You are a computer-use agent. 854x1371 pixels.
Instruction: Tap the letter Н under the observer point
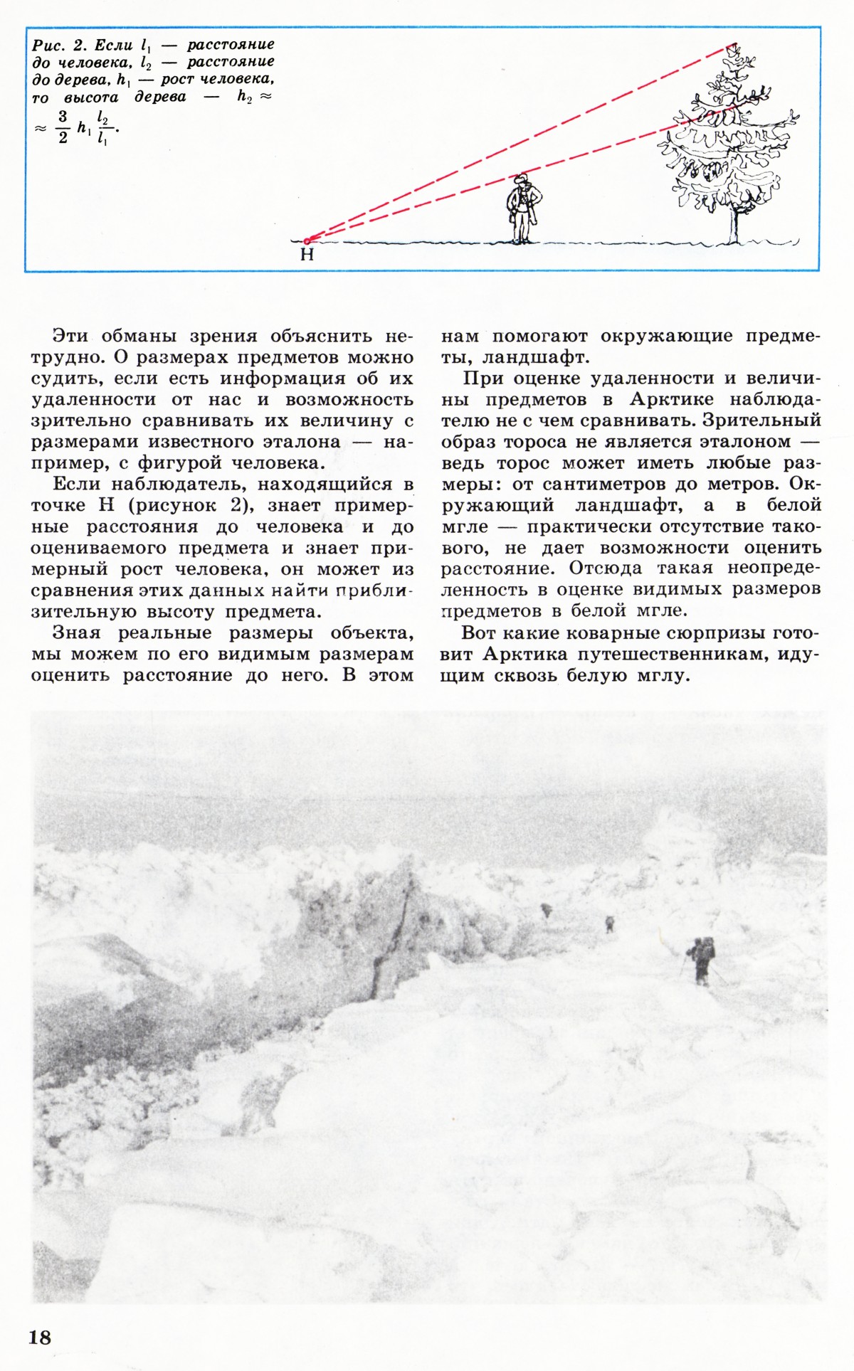pyautogui.click(x=307, y=254)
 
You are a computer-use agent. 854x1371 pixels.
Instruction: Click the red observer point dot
pyautogui.click(x=307, y=240)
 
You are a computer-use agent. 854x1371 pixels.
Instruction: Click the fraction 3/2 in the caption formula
pyautogui.click(x=63, y=128)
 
